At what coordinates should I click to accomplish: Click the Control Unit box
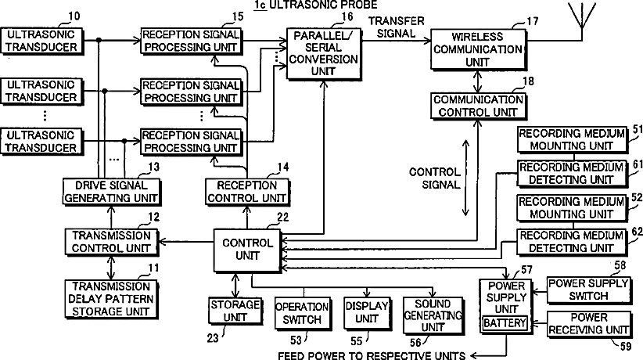coord(247,250)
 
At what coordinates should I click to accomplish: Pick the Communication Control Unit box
coord(478,106)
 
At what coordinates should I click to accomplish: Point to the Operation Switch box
coord(301,313)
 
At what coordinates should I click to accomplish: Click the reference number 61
coord(636,164)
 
